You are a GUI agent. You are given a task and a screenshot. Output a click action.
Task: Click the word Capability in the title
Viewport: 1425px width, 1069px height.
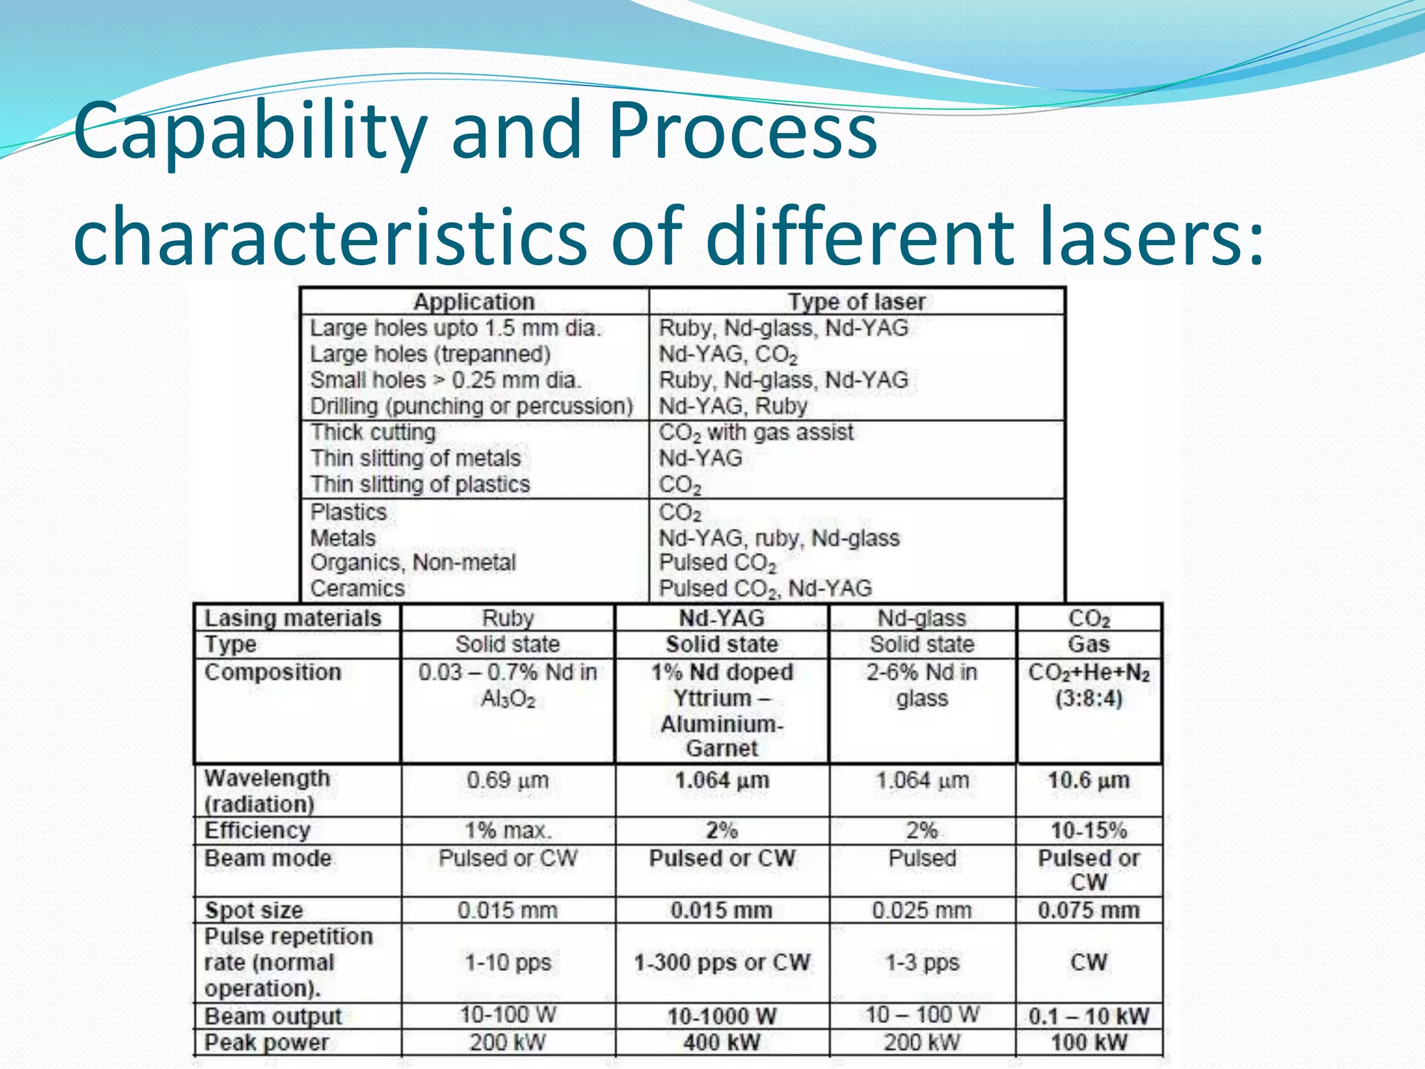pos(250,132)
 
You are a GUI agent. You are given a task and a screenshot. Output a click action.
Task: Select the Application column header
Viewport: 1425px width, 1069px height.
pos(474,301)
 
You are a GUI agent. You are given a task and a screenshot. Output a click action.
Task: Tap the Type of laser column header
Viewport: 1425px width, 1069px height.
pos(857,301)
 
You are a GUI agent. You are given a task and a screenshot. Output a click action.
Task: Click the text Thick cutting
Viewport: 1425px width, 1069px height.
pos(373,432)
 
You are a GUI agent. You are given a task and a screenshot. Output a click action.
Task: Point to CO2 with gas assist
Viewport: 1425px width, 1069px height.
pos(756,433)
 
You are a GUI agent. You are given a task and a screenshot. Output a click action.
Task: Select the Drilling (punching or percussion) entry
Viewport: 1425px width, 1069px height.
pos(472,406)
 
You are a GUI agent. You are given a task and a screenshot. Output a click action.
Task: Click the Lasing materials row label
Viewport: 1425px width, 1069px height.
pos(292,618)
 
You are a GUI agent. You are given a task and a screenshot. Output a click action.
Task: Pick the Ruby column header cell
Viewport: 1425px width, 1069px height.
pos(508,618)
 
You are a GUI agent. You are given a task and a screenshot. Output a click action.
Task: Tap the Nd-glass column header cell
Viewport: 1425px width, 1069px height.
pos(922,618)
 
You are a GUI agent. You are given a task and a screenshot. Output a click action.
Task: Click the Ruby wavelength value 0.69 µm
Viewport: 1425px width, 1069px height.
pos(508,780)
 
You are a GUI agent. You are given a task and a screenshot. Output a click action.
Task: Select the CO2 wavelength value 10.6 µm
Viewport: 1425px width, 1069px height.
pos(1089,780)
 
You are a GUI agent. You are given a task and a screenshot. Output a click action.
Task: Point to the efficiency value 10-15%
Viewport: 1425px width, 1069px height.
pos(1089,830)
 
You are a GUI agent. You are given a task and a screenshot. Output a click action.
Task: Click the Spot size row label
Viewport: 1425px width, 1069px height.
pos(254,910)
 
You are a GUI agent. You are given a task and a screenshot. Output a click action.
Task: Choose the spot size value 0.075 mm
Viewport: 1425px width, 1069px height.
pos(1089,910)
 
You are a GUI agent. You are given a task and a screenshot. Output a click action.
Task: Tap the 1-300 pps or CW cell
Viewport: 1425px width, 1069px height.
pos(722,963)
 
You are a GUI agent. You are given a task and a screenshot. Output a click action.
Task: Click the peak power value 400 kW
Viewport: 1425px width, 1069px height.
pos(722,1043)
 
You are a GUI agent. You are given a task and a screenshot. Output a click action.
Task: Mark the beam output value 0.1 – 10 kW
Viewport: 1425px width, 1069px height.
pos(1089,1016)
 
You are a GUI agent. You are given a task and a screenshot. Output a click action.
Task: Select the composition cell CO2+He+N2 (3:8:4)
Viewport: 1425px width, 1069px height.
pos(1089,686)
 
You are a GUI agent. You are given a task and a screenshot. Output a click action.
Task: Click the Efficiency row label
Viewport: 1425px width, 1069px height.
pos(257,830)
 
